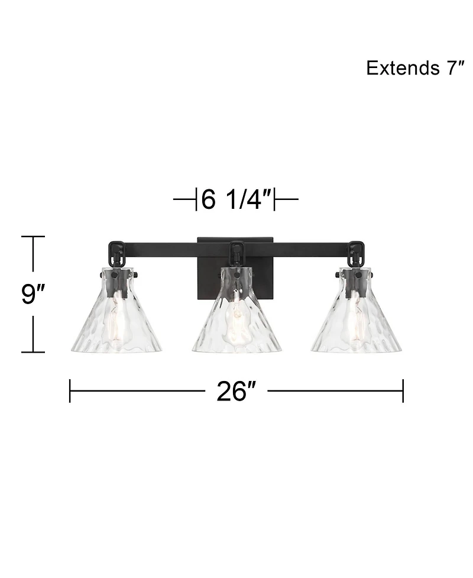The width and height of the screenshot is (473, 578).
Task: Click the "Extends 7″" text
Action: coord(414,68)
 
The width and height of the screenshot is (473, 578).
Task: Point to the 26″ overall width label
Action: coord(235,392)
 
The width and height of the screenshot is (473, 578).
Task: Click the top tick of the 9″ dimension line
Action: coord(33,237)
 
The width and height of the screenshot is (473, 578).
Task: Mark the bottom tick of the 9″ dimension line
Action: coord(33,352)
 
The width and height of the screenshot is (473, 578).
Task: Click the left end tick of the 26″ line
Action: coord(70,391)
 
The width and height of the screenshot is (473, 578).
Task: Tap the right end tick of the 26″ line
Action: coord(403,391)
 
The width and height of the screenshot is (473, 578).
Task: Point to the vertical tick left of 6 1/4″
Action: coord(196,200)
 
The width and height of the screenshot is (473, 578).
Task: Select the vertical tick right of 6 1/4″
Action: coord(276,200)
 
